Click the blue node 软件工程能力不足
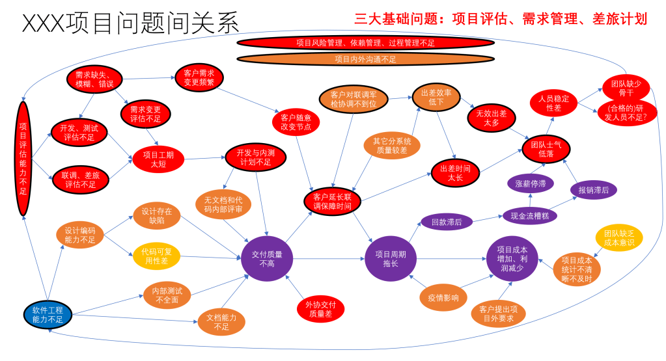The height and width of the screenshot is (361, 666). point(48,314)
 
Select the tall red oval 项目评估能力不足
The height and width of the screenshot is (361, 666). point(23,159)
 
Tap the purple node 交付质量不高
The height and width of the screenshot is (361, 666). point(267,258)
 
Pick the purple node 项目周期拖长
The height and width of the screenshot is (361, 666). point(390,258)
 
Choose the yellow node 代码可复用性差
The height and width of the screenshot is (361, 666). point(156,256)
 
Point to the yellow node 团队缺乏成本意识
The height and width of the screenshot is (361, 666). point(618,238)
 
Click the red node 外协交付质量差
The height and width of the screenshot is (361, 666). point(320,308)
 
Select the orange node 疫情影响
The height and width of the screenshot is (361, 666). point(443,298)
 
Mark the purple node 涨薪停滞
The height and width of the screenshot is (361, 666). point(531,183)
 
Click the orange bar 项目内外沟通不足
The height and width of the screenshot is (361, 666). point(365,59)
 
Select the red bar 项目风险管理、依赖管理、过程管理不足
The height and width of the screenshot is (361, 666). point(365,43)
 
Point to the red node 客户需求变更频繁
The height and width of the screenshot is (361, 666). point(199,78)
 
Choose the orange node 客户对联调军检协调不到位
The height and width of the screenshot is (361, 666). point(354,99)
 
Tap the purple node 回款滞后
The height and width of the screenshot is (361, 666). point(447,222)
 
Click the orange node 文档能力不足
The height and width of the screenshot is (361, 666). point(221,322)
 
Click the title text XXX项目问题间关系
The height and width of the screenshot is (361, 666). point(131,23)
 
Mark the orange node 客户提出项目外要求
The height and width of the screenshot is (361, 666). point(498,314)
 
